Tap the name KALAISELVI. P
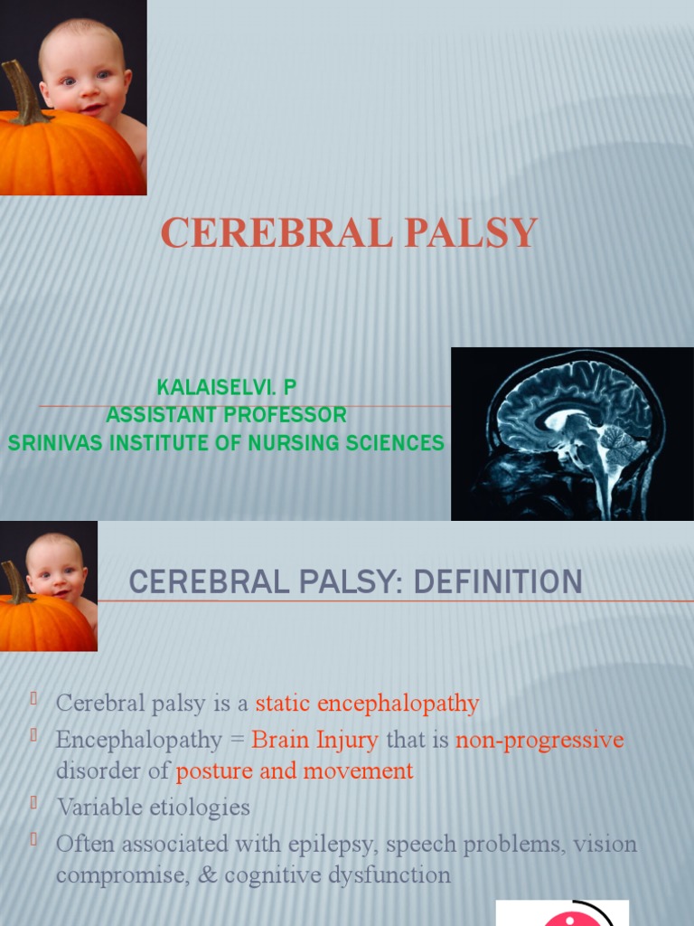coord(226,388)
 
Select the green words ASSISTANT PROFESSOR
coord(226,415)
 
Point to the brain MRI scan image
coord(571,433)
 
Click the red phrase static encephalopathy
coord(367,703)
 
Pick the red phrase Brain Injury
coord(314,740)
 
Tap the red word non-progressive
coord(539,740)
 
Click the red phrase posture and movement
coord(295,771)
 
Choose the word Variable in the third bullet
coord(97,807)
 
